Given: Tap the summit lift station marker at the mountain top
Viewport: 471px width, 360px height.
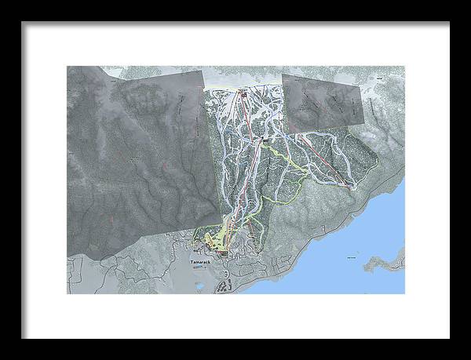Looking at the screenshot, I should click(243, 94).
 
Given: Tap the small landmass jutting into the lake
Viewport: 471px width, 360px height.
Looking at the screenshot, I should click(392, 259).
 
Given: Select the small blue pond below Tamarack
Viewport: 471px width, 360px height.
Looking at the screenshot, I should click(199, 285).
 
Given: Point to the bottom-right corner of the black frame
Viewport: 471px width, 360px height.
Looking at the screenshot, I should click(449, 338).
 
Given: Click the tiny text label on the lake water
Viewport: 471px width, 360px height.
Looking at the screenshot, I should click(351, 253).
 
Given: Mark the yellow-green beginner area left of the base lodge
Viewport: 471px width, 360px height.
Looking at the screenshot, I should click(210, 238).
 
